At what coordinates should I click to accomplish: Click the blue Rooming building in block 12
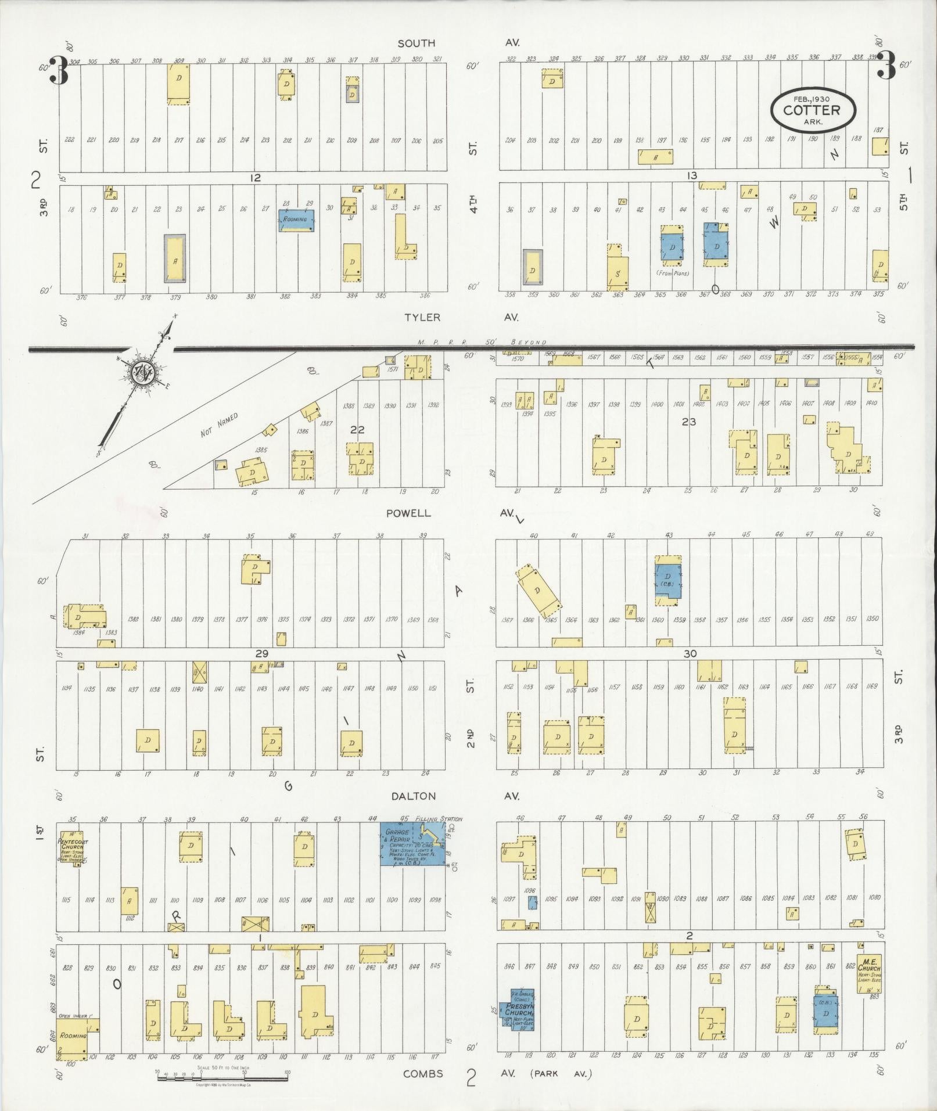pyautogui.click(x=296, y=220)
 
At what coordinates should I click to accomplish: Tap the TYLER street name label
pyautogui.click(x=423, y=317)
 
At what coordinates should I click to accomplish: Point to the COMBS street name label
pyautogui.click(x=423, y=1074)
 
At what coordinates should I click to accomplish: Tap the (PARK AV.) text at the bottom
pyautogui.click(x=561, y=1074)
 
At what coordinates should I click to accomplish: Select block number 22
pyautogui.click(x=357, y=430)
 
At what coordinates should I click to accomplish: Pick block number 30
pyautogui.click(x=690, y=653)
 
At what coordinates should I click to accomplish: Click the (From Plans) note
pyautogui.click(x=672, y=273)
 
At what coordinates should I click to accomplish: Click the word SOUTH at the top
pyautogui.click(x=416, y=43)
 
